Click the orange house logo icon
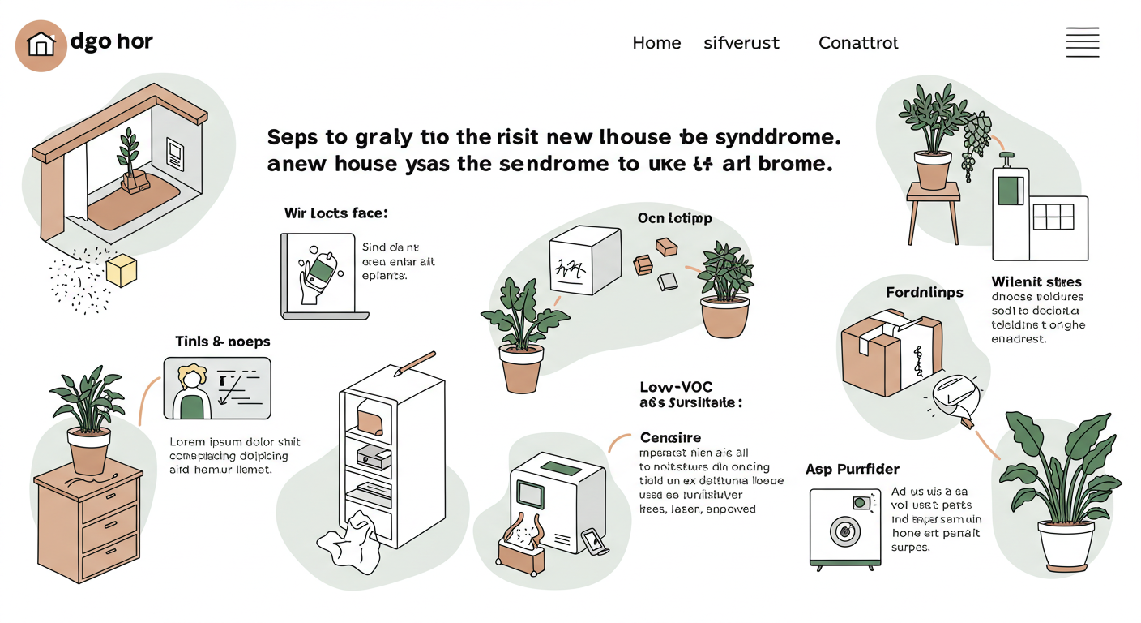41,45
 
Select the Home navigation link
656,43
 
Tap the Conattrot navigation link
858,43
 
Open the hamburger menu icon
1083,42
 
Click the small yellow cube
122,271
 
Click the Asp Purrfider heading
853,469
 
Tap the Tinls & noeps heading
223,342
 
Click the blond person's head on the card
193,376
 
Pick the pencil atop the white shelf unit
415,362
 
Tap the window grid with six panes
1053,217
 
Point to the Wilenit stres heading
1036,282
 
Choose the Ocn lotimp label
674,218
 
